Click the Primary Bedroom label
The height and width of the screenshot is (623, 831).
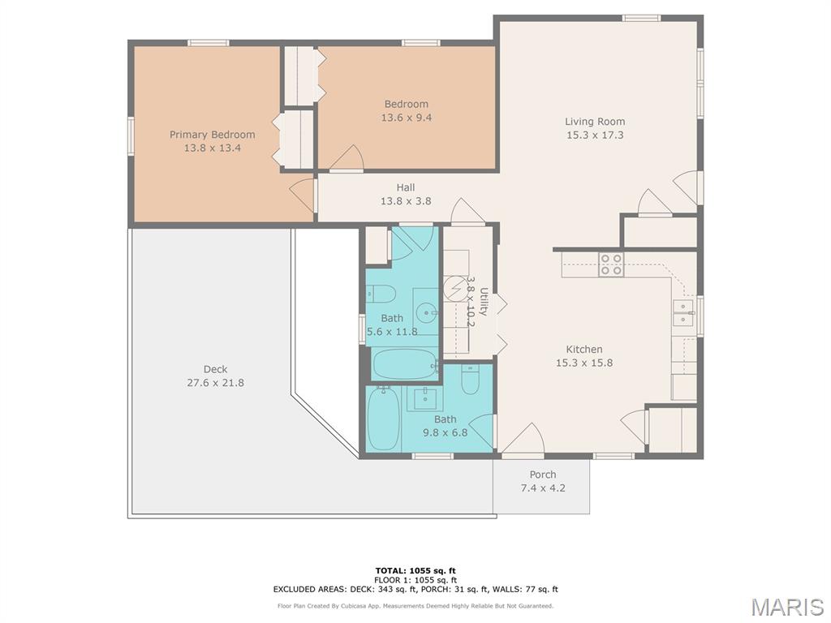tap(212, 135)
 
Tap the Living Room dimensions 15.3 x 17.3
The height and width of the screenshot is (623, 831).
tap(595, 135)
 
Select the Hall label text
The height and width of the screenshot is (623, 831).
tap(406, 187)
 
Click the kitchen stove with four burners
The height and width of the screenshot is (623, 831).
tap(611, 264)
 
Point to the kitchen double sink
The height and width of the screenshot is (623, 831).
tap(683, 312)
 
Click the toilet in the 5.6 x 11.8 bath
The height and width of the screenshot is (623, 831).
tap(381, 294)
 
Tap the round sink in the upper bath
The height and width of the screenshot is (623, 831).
tap(427, 312)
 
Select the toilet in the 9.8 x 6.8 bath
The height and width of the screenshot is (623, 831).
tap(470, 380)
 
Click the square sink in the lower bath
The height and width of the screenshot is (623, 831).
tap(424, 398)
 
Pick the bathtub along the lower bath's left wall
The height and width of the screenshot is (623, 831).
tap(383, 419)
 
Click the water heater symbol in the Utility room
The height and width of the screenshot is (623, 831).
tap(454, 288)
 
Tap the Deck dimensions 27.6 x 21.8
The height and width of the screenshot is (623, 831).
tap(215, 383)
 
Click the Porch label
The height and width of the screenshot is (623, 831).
tap(543, 475)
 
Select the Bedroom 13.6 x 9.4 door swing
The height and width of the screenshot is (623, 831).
tap(347, 158)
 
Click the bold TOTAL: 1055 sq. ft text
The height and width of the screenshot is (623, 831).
tap(415, 570)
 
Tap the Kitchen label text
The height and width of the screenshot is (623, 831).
tap(584, 350)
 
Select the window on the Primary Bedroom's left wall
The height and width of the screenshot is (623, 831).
tap(131, 136)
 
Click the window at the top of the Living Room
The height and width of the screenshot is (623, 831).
tap(641, 18)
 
